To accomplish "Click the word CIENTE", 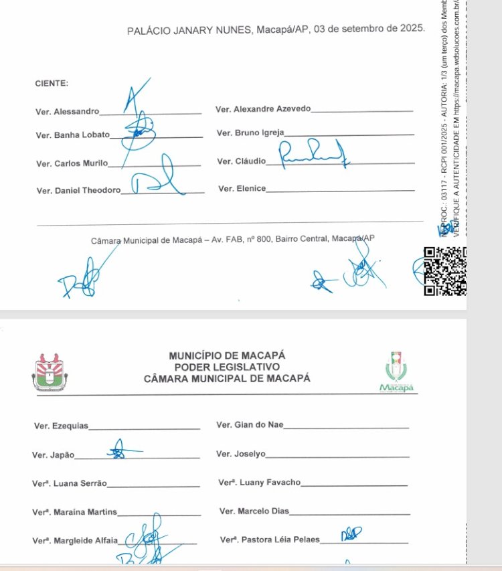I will (52, 84).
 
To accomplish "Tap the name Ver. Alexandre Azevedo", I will (263, 109).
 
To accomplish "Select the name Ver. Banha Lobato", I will (73, 135).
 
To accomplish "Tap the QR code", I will (445, 271).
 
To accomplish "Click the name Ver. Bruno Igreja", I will (250, 133).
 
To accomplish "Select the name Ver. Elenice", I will (242, 189).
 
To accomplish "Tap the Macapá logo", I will (397, 375).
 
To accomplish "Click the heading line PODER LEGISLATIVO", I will (227, 367).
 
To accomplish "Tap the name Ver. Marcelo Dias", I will (254, 511).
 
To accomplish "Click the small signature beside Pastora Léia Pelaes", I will (351, 534).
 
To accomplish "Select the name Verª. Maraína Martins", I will (74, 513).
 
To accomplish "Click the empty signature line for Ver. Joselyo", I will (337, 456).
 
